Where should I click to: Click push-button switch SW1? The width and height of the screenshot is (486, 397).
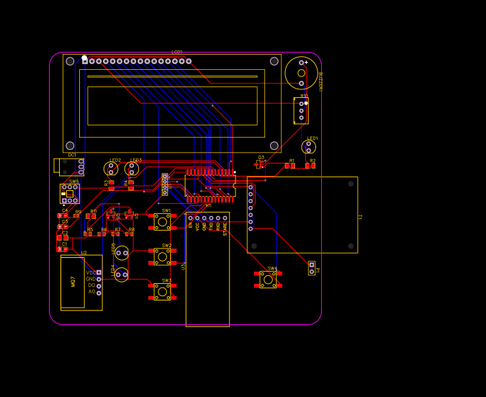click(163, 222)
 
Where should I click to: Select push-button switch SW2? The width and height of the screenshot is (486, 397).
click(163, 257)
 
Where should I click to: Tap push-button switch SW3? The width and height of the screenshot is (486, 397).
click(163, 291)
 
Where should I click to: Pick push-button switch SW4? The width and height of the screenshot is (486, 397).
click(268, 279)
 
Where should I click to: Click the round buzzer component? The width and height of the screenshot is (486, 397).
click(301, 72)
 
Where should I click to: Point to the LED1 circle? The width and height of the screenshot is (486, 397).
click(309, 146)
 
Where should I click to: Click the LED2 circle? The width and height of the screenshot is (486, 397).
click(111, 169)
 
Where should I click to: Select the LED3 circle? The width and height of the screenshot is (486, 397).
click(132, 169)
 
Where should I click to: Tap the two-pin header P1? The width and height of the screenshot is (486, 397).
click(312, 268)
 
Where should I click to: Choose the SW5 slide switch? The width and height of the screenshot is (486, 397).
click(70, 193)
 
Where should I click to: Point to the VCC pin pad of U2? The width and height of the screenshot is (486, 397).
click(99, 272)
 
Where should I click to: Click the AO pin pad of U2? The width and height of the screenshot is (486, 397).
click(99, 292)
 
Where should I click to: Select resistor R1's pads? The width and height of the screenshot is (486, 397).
click(289, 166)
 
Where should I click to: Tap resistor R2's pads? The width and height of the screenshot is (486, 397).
click(310, 166)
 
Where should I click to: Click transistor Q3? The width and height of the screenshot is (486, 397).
click(260, 164)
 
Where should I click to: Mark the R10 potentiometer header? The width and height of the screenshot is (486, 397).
click(302, 110)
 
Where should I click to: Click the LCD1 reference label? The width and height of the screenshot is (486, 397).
click(177, 53)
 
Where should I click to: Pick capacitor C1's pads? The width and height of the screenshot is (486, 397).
click(63, 249)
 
